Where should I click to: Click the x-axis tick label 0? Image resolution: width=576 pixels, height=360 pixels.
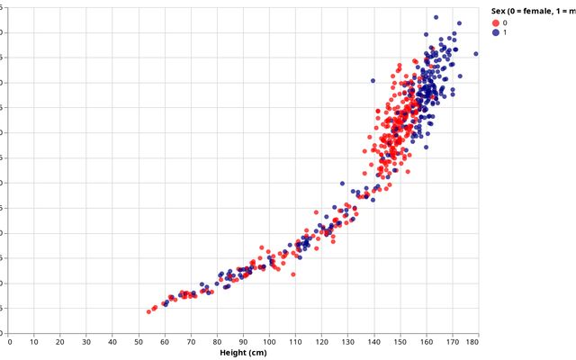[10, 342]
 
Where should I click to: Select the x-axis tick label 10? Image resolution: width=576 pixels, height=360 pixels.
[34, 342]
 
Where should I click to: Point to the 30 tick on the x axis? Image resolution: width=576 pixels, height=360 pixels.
[86, 342]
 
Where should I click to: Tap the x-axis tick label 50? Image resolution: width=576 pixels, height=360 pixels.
[139, 342]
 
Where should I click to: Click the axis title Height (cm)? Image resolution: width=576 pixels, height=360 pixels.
[244, 353]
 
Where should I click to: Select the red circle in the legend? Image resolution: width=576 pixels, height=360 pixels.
[496, 22]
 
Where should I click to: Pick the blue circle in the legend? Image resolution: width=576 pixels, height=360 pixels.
[496, 32]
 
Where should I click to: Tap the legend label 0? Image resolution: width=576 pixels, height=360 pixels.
[505, 22]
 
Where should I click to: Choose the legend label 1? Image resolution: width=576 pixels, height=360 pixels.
[505, 32]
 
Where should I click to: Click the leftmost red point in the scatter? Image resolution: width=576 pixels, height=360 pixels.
[148, 311]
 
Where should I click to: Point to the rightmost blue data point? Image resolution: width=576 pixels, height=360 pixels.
[476, 54]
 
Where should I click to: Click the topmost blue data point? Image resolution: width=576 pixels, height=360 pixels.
[436, 17]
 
